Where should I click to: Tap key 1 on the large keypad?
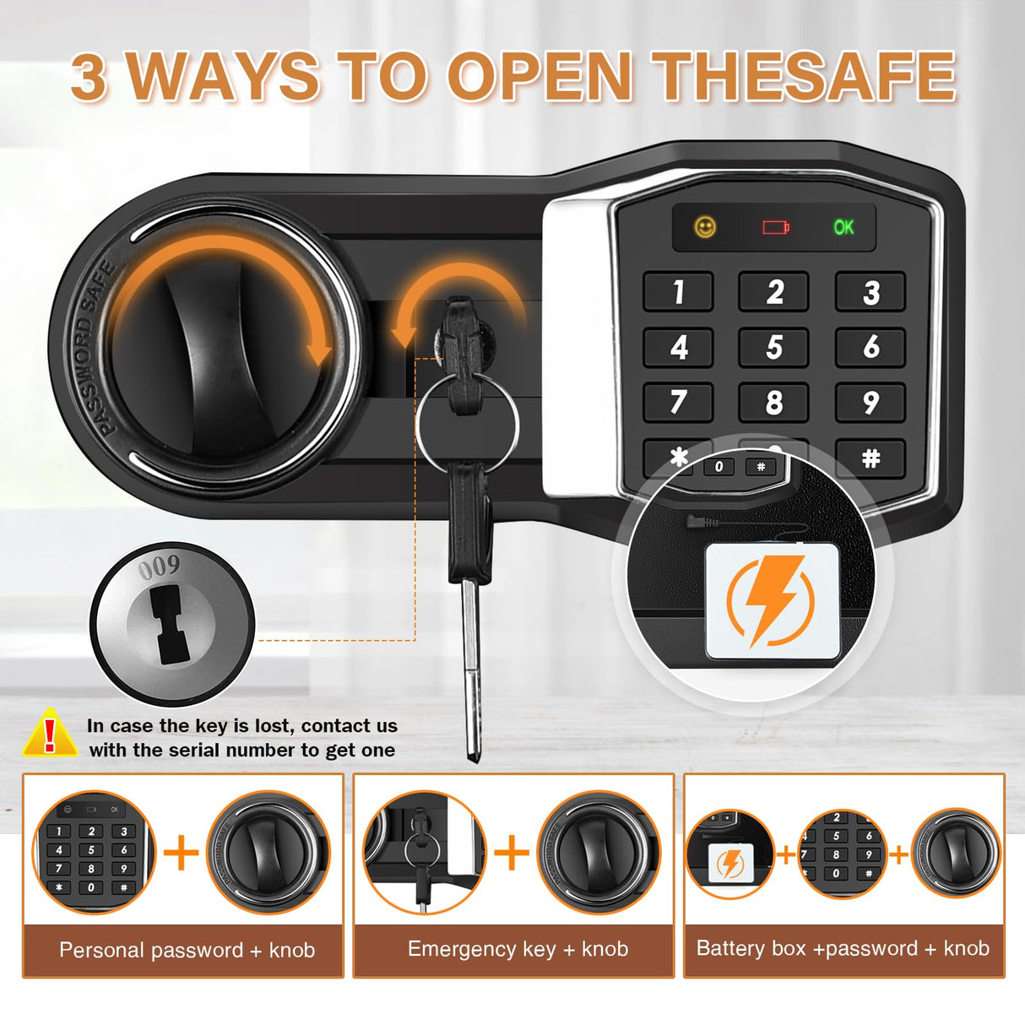coord(678,292)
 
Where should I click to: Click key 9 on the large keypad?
coord(870,403)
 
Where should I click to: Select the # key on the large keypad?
coord(870,458)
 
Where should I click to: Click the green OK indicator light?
coord(843,227)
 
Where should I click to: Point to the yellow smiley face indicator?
coord(705,227)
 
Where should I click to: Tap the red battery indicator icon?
coord(775,227)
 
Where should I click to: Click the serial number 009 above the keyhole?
coord(159,567)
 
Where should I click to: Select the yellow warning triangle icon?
coord(50,734)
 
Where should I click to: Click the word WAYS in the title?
coord(223,78)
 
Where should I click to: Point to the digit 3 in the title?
coord(89,78)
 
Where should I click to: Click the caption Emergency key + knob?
coord(518,949)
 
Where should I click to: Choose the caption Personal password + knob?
coord(187,950)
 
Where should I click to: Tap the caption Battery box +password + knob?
coord(843,948)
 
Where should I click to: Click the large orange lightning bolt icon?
coord(771,599)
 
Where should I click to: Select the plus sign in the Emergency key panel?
coord(512,852)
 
